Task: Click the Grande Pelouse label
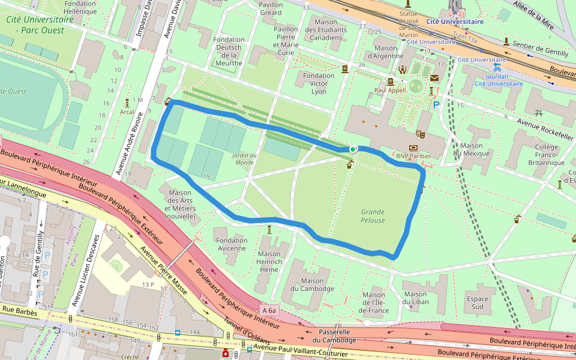373,216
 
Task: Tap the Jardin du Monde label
245,159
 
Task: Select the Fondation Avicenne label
231,244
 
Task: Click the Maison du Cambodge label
312,284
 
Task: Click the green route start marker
352,149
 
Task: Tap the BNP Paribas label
414,156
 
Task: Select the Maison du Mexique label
473,149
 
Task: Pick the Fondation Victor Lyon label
319,83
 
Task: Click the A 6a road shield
269,311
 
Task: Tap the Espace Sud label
478,302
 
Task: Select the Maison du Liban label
415,298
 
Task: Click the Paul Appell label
390,90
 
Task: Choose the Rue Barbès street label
19,311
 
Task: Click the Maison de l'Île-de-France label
374,302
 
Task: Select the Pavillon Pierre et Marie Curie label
286,41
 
